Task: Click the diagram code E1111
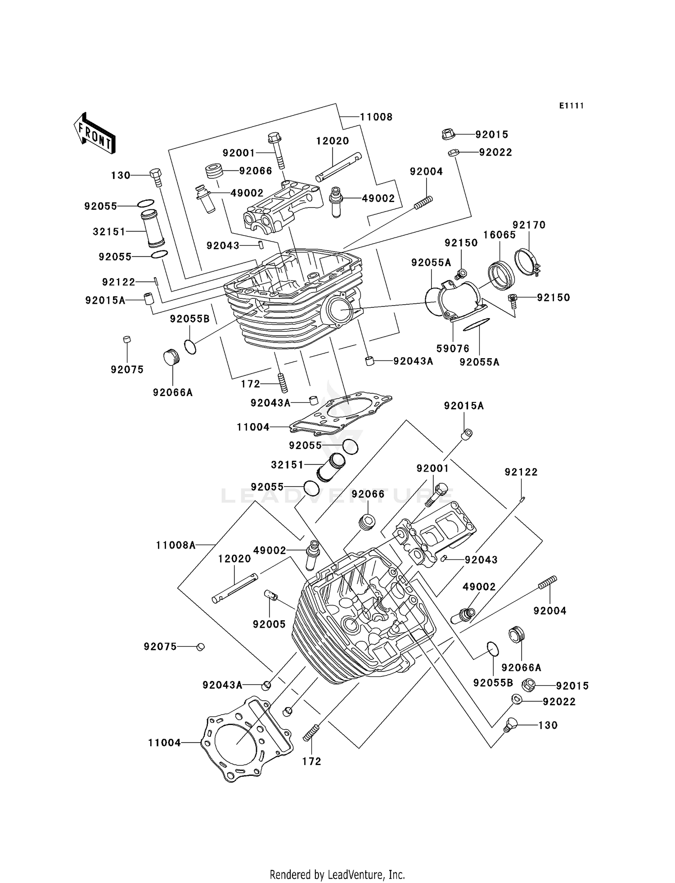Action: [x=571, y=106]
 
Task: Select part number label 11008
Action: [x=376, y=117]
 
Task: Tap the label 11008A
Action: [x=176, y=545]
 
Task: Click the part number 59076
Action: [x=453, y=348]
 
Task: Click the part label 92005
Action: [x=269, y=624]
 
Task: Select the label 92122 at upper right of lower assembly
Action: [x=521, y=472]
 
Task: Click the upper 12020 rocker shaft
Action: [x=338, y=167]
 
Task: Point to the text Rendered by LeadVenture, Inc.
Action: [x=337, y=874]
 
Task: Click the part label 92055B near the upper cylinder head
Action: [x=189, y=319]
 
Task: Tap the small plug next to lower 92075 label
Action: [x=201, y=647]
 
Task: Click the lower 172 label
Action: [x=311, y=761]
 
